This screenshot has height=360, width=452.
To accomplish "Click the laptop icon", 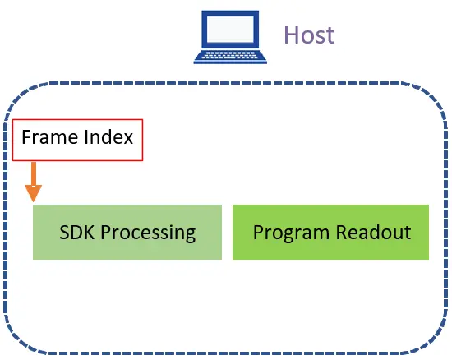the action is pos(230,37).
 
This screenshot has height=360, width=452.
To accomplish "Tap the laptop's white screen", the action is pos(230,29).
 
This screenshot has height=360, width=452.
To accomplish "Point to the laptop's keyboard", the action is pos(230,55).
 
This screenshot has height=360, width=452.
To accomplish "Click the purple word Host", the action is pos(309,35).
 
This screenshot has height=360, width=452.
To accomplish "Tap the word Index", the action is pos(109,137).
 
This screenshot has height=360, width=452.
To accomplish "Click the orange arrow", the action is pos(34,182).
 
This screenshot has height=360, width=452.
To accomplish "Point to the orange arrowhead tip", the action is pos(34,201).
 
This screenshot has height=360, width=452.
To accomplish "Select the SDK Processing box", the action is pos(127,232).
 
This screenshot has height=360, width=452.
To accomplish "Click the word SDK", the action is pos(77,232).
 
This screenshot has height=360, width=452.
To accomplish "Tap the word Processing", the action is pos(148,233).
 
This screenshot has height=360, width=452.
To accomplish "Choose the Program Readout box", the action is pos(330,232).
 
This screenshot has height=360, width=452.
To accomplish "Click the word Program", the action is pos(291,233).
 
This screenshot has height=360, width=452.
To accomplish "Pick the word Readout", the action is pos(374,232).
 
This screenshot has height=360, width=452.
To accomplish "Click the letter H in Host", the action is pos(291,35).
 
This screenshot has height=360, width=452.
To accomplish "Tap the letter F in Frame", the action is pos(26,137).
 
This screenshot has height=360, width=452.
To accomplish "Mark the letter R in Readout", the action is pos(342,232).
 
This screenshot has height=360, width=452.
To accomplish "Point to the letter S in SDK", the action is pos(64,232).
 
